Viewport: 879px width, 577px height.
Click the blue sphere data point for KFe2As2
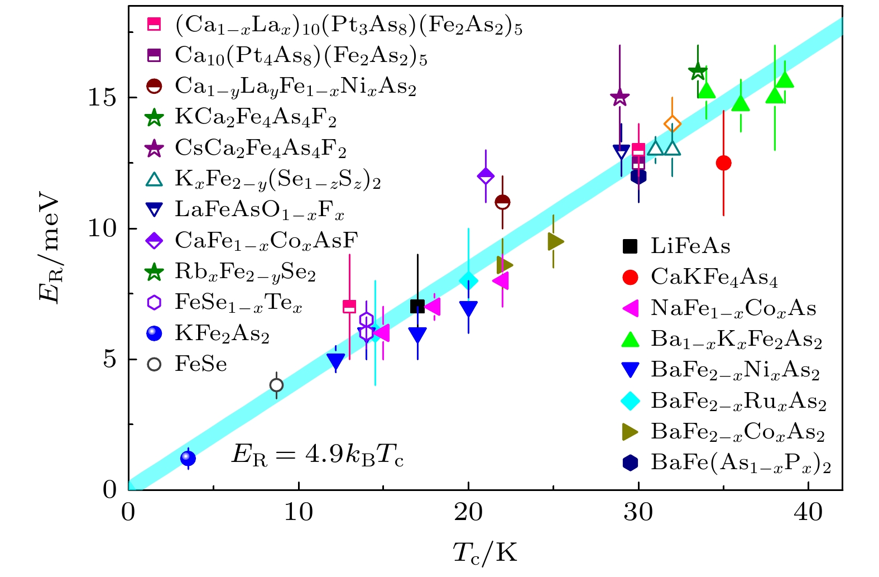tap(188, 459)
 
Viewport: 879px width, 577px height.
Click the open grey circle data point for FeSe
tap(276, 385)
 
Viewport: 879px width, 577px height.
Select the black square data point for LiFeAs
tap(417, 306)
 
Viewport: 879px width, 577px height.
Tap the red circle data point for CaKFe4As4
tap(723, 163)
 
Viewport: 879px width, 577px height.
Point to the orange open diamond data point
tap(673, 124)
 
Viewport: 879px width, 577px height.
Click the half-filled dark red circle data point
tap(502, 202)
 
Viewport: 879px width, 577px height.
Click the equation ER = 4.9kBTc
tap(317, 456)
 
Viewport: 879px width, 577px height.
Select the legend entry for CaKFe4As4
tap(714, 277)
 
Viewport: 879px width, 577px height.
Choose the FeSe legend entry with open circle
tap(200, 364)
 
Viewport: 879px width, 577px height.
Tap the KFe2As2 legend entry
tap(222, 333)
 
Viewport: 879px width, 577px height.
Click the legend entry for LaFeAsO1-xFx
tap(259, 210)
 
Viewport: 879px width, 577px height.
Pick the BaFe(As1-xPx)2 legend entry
tap(740, 463)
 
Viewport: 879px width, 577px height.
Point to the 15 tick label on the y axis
tap(102, 98)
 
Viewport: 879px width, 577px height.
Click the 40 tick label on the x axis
tap(808, 512)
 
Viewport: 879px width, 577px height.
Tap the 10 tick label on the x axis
tap(299, 512)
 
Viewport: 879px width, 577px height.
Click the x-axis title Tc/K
tap(484, 553)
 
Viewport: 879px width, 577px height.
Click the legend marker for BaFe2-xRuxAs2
tap(630, 400)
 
